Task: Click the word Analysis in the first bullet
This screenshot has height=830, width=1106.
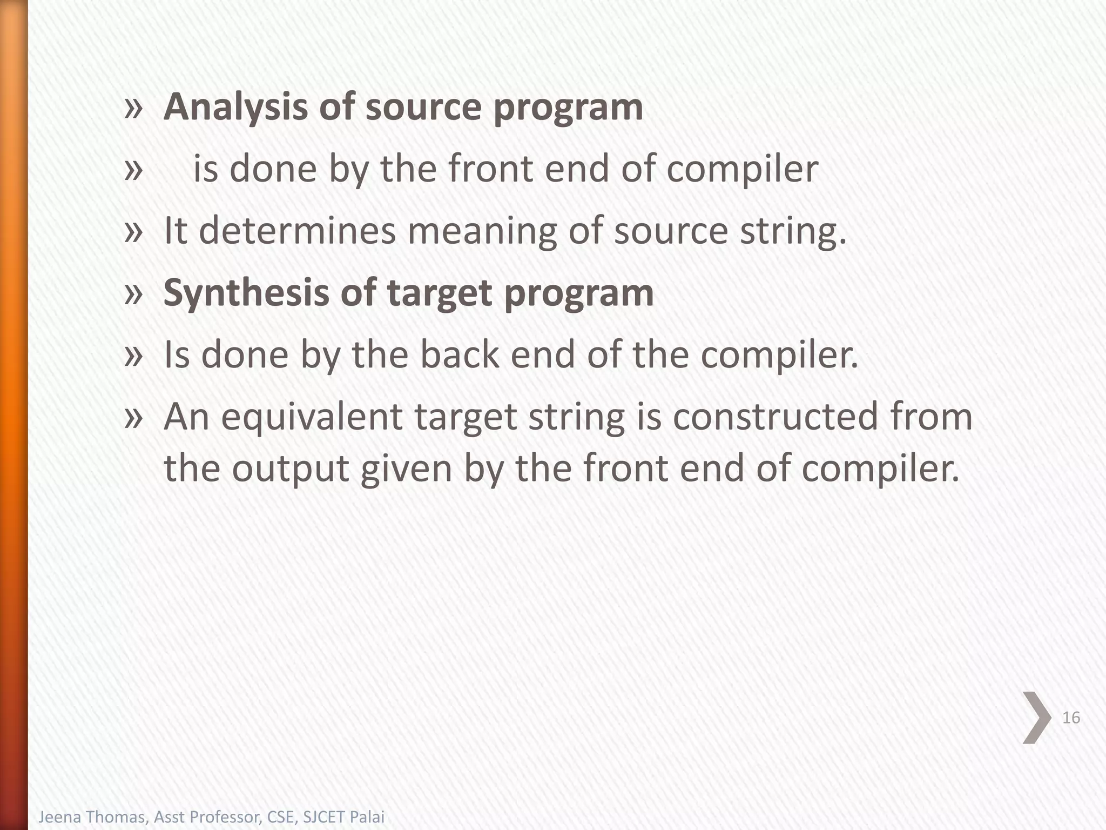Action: click(x=235, y=108)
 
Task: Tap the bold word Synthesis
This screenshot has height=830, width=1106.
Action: click(x=246, y=293)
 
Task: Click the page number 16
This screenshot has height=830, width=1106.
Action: click(x=1071, y=718)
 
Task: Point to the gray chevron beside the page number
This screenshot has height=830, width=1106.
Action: click(x=1036, y=718)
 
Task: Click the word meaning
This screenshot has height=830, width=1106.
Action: click(x=482, y=231)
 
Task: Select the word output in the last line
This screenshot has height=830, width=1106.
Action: click(x=291, y=468)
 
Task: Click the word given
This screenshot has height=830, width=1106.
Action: click(x=406, y=468)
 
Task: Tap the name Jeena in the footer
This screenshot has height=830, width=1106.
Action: click(x=56, y=816)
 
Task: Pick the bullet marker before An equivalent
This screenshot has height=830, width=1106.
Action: click(x=133, y=418)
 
